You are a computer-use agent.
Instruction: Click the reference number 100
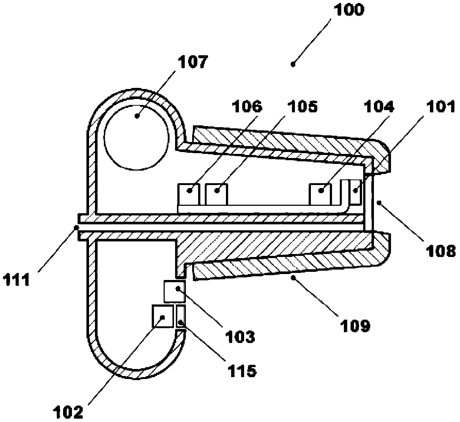pyautogui.click(x=349, y=10)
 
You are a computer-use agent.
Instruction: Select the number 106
pyautogui.click(x=246, y=107)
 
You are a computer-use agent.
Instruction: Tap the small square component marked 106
pyautogui.click(x=189, y=194)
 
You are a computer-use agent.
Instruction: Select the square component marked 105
pyautogui.click(x=217, y=194)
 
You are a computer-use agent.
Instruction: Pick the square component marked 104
pyautogui.click(x=321, y=194)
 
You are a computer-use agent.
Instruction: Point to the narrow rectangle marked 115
pyautogui.click(x=181, y=317)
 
